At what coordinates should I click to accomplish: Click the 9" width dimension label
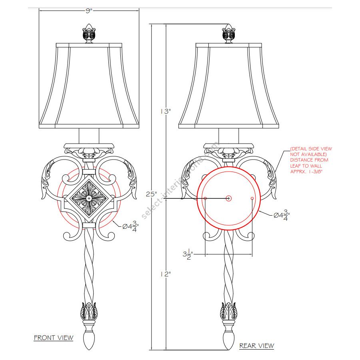89,10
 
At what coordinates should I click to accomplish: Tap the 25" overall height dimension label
152,194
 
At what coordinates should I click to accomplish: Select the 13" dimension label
166,111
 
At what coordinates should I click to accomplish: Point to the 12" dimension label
166,274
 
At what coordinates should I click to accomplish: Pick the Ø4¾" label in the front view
130,226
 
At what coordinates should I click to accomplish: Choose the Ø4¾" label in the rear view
282,215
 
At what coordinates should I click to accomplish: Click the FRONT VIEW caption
54,338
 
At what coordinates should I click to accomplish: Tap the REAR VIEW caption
257,346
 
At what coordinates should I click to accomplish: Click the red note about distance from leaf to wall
311,160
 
